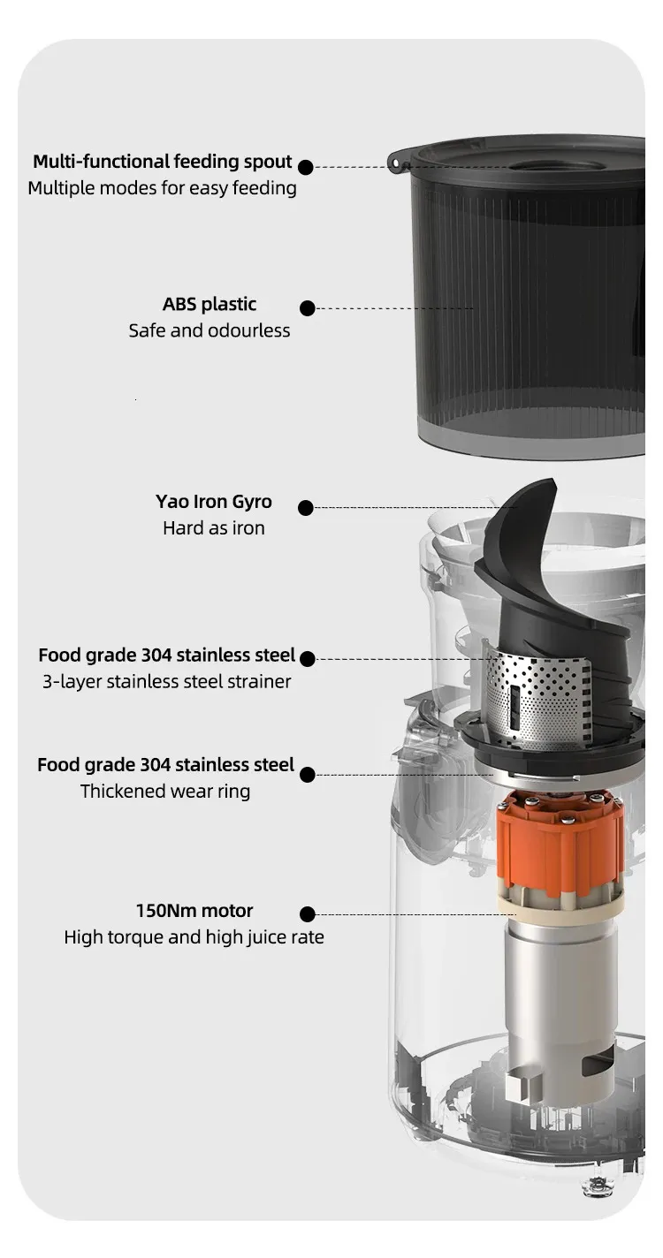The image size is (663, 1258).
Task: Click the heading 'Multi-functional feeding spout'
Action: pos(163,162)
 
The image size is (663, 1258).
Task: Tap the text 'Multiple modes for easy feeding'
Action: pos(163,188)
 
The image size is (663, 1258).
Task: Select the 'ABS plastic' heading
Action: pos(210,305)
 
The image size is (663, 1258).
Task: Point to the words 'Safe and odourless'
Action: pos(210,330)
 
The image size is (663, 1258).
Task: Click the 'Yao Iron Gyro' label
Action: pos(214,502)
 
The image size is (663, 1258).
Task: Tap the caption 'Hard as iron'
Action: pos(214,528)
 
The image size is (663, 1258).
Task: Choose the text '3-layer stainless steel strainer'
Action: pos(167,682)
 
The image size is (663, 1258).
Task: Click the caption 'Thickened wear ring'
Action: pos(165,792)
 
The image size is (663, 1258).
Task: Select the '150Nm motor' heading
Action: pos(194,910)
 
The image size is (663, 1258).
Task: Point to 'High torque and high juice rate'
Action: pos(194,937)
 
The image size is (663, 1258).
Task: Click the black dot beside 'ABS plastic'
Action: pos(308,308)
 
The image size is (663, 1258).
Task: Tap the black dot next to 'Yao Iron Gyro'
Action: pos(306,508)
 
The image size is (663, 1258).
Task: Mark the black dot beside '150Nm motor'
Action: pos(308,914)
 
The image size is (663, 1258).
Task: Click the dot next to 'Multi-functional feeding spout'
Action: pos(306,167)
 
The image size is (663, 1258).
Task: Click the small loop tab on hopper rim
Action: pos(395,163)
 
